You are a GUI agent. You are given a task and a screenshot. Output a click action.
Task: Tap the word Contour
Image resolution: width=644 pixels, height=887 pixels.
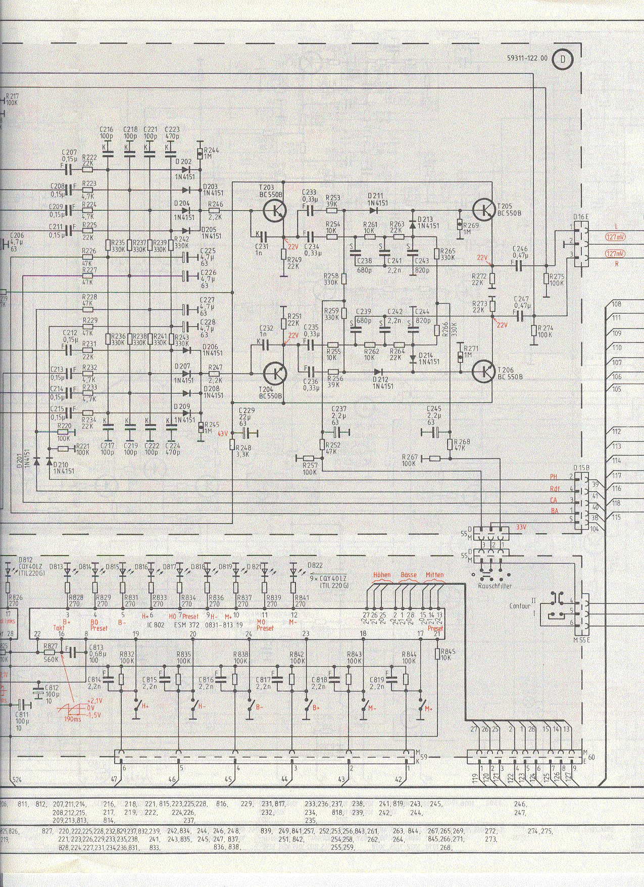pos(520,605)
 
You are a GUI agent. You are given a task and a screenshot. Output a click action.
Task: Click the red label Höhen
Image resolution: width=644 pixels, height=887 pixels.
pos(382,575)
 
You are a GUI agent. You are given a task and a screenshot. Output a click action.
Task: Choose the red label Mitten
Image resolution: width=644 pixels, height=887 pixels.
pos(434,575)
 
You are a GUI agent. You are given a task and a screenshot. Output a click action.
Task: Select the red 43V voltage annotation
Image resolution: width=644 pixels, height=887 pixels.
pos(222,434)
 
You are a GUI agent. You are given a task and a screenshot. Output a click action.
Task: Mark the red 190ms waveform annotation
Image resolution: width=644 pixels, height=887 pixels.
pos(73,719)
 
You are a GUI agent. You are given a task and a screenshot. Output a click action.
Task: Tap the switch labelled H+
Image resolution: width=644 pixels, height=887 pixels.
pos(136,707)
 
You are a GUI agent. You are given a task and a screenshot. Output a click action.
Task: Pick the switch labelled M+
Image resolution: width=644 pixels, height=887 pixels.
pos(421,707)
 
